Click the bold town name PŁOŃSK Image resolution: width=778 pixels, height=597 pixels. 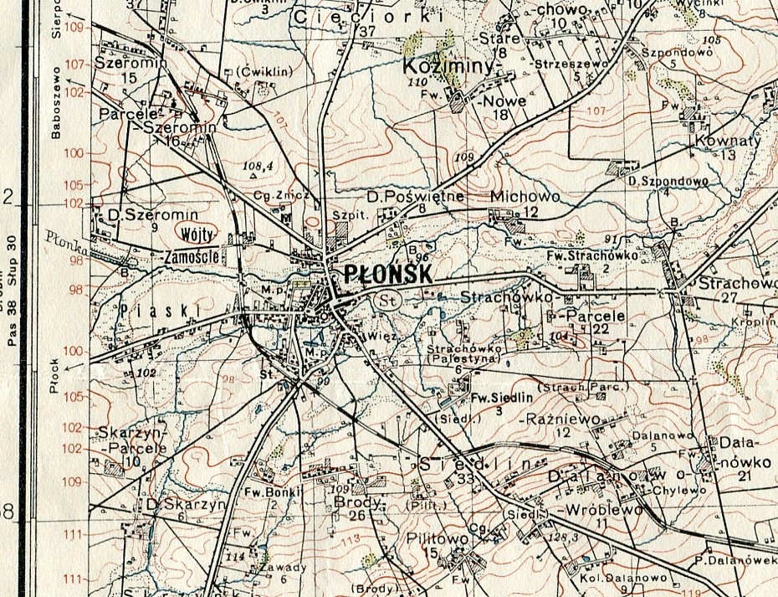(387, 275)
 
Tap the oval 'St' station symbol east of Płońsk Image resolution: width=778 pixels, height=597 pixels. (386, 300)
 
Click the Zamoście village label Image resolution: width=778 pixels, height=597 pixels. (194, 256)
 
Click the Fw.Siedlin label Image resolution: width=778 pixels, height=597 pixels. (497, 398)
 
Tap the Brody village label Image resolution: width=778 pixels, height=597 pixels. (358, 502)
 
